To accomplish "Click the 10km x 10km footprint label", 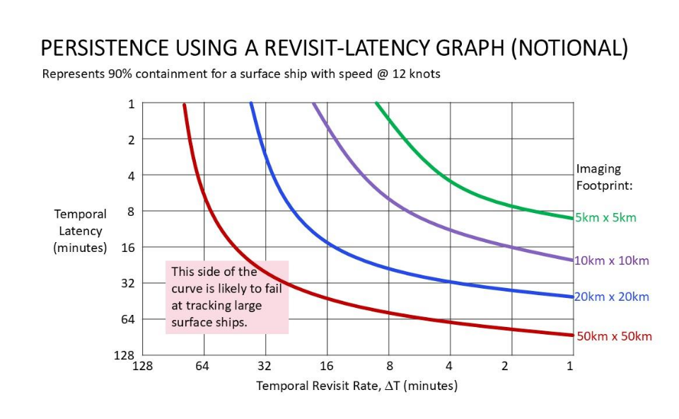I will (611, 260).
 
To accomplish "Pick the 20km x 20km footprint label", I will (611, 297).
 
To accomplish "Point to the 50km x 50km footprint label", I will (614, 336).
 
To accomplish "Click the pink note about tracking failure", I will (227, 297).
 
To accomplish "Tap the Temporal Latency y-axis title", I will (81, 231).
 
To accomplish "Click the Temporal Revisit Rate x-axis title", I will (356, 386).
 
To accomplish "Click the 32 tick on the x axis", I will (265, 366).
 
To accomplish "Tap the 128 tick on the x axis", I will (142, 366).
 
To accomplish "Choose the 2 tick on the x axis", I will (504, 366).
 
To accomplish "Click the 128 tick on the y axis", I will (124, 355).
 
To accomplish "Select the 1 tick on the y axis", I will (131, 104).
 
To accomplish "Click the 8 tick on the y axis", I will (131, 212).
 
